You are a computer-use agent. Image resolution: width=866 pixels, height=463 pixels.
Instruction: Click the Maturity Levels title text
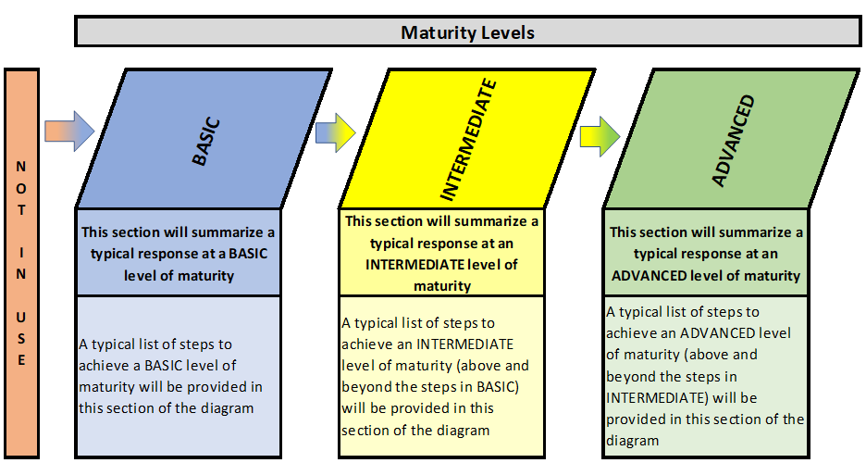click(x=467, y=32)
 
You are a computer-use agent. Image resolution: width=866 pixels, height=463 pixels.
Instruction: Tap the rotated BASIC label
click(x=206, y=142)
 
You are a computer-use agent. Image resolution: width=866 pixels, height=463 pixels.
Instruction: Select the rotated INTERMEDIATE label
click(x=469, y=139)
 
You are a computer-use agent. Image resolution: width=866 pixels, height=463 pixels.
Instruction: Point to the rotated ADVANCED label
click(x=733, y=141)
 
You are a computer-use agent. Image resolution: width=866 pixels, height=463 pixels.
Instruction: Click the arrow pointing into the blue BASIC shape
click(x=69, y=131)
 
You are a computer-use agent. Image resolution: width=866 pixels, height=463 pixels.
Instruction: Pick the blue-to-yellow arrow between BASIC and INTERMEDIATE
click(x=336, y=132)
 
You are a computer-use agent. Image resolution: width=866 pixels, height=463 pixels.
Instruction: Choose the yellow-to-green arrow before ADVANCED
click(x=600, y=136)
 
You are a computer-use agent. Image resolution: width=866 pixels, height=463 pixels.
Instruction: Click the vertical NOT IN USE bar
click(x=21, y=263)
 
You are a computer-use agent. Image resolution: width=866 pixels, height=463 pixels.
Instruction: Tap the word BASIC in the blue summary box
click(x=248, y=254)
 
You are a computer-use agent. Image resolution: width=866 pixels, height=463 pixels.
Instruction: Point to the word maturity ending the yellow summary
click(x=442, y=286)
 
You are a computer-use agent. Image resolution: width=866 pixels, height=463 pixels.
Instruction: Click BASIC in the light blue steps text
click(x=163, y=366)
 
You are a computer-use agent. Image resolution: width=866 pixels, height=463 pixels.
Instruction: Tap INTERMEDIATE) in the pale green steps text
click(x=657, y=398)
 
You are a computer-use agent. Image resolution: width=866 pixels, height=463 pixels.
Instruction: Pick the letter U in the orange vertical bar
click(x=21, y=317)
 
